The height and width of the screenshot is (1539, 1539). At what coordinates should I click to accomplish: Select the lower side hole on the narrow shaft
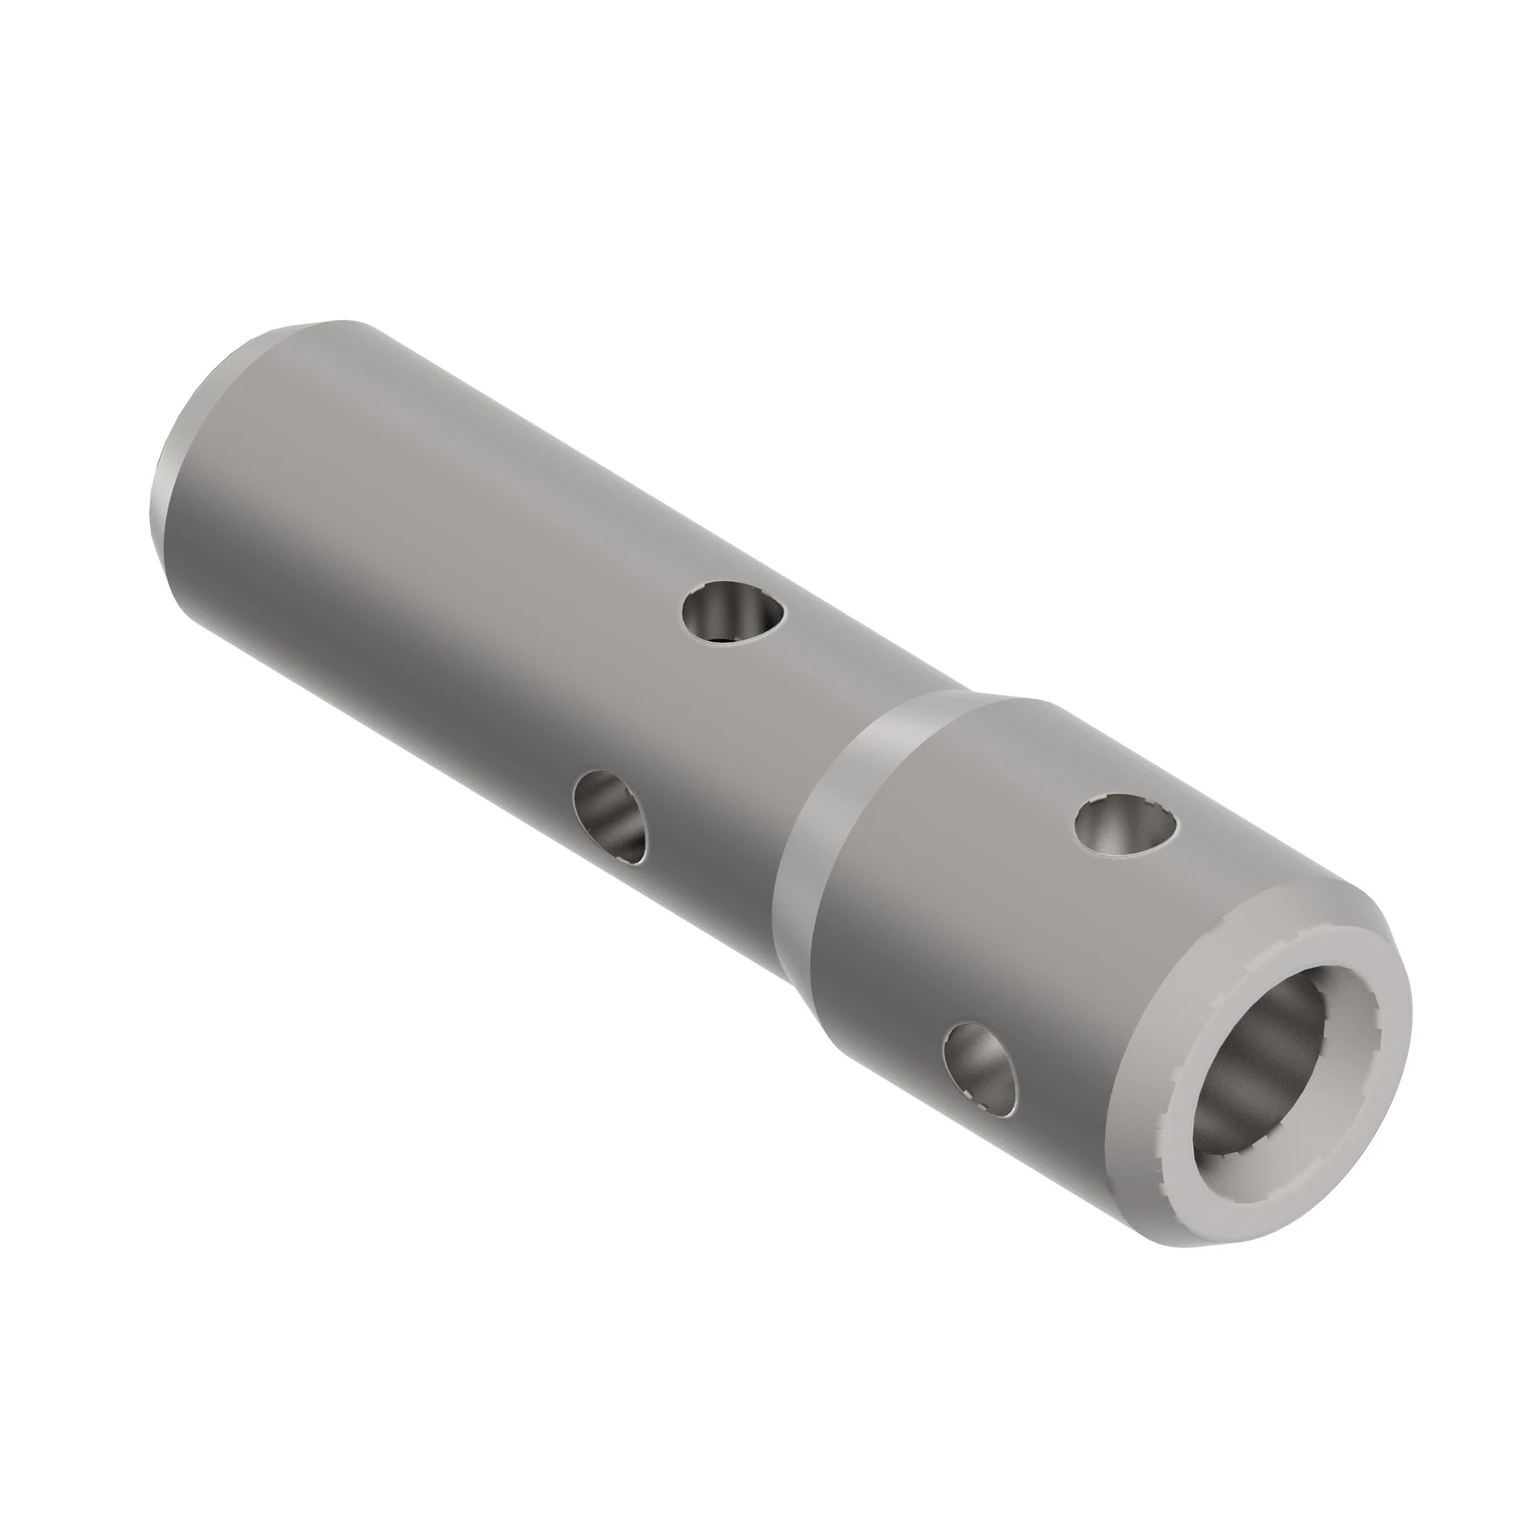click(610, 816)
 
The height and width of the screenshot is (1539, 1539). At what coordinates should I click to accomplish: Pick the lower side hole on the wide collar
click(980, 1067)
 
